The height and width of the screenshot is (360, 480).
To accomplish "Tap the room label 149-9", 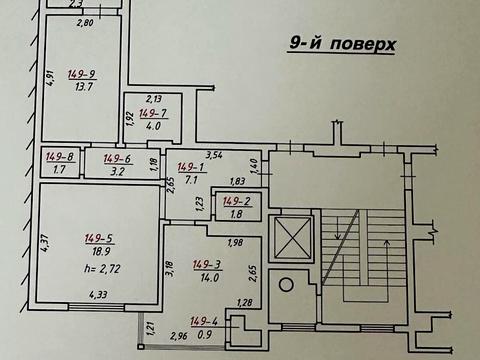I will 82,73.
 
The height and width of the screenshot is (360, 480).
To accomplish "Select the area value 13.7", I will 82,88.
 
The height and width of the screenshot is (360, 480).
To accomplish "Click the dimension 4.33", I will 98,294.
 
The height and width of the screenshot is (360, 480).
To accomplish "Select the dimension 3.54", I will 213,155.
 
